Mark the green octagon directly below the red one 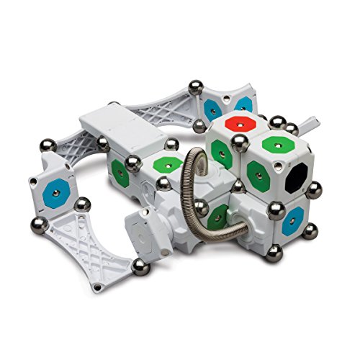point(222,150)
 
